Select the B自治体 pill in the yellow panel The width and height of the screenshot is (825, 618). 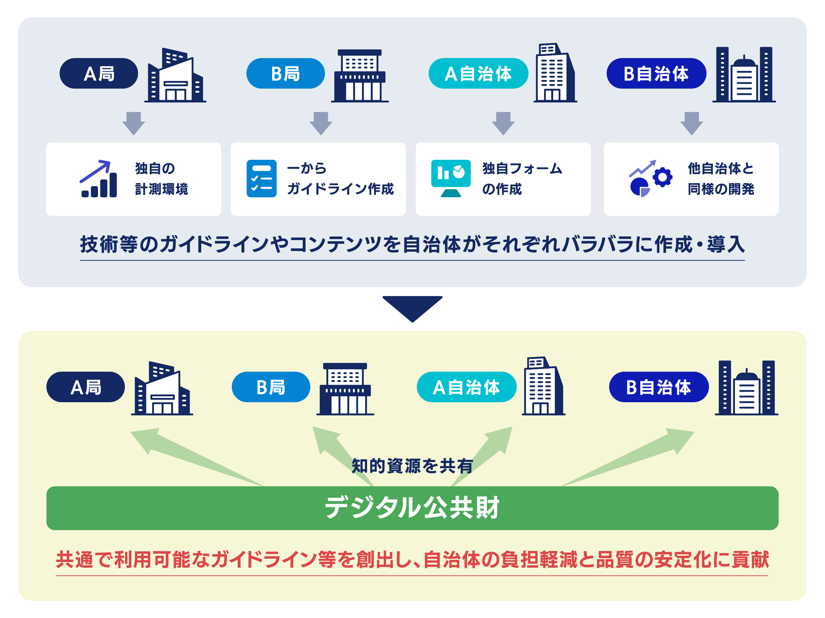(x=659, y=387)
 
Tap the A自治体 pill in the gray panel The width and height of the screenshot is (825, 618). (x=478, y=73)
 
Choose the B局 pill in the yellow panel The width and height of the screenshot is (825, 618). (x=271, y=387)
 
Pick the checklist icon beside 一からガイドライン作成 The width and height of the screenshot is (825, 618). (x=262, y=179)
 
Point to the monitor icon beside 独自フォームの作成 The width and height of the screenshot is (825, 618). (x=451, y=178)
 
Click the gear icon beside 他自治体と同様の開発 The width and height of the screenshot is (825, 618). (x=662, y=177)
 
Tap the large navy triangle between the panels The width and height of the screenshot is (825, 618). (x=412, y=307)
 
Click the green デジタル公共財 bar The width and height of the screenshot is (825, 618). (x=412, y=508)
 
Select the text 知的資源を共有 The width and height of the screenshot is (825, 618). (x=412, y=466)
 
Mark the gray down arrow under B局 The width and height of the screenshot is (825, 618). (x=321, y=123)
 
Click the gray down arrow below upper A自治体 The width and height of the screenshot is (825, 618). (x=503, y=123)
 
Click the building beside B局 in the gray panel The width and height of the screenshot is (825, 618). (x=360, y=76)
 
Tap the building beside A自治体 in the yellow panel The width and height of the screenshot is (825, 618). (x=543, y=387)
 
